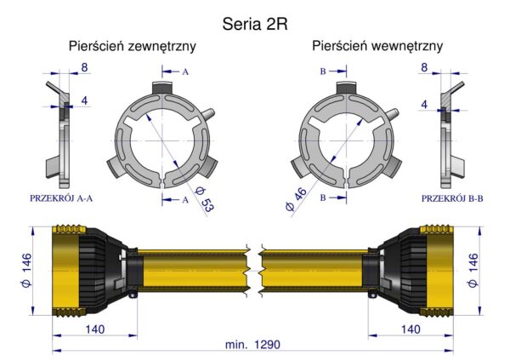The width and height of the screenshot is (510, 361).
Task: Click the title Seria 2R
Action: click(255, 24)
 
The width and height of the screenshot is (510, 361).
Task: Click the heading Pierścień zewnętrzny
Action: click(133, 46)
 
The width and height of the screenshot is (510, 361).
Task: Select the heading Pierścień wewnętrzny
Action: click(377, 46)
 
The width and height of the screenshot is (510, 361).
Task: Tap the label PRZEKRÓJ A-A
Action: click(61, 198)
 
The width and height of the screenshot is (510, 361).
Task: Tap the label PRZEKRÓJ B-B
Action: click(452, 198)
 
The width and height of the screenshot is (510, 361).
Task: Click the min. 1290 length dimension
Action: click(252, 344)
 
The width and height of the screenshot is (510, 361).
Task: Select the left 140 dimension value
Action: click(95, 329)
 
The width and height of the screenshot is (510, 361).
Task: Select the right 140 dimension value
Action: click(411, 329)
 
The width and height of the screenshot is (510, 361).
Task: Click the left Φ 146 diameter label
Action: click(26, 271)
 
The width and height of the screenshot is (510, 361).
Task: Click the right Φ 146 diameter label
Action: click(473, 271)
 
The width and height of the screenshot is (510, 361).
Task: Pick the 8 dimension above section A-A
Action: click(84, 67)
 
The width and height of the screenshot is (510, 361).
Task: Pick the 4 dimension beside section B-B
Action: click(424, 104)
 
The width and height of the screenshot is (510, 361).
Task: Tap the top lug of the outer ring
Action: click(162, 88)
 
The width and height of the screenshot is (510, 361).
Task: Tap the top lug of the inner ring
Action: click(347, 88)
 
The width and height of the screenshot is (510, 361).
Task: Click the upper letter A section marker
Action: click(185, 72)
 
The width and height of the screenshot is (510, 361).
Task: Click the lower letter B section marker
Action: click(323, 198)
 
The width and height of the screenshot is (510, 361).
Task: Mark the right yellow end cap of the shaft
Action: click(439, 271)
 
